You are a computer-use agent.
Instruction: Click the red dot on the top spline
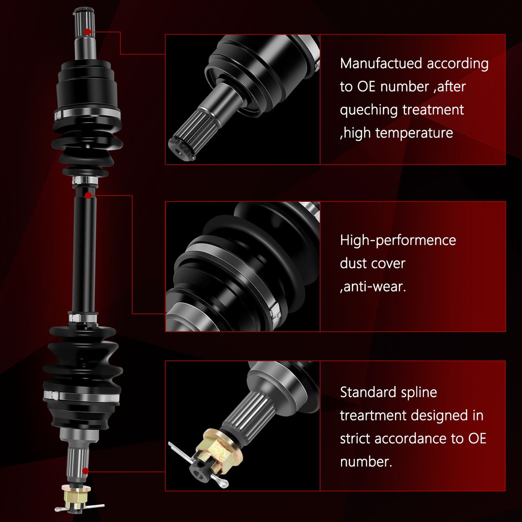[x=87, y=32]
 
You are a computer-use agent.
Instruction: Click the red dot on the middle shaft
[x=88, y=195]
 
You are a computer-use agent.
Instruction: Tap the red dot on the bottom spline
[x=85, y=471]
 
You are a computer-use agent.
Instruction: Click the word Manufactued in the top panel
[x=381, y=64]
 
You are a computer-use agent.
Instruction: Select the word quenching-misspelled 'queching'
[x=369, y=110]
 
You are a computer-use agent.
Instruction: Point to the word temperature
[x=414, y=133]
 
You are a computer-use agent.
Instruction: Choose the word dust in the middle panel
[x=355, y=263]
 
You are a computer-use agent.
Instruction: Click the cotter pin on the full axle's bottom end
[x=80, y=507]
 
